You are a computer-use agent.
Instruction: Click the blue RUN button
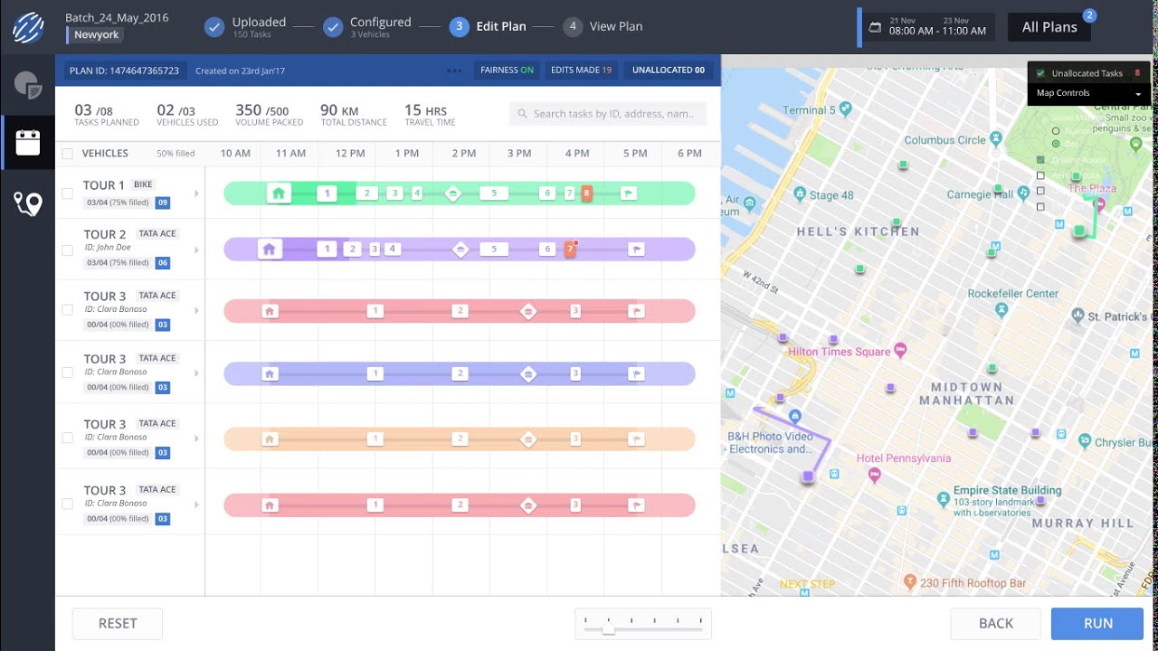point(1098,623)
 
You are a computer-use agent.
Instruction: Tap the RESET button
point(118,623)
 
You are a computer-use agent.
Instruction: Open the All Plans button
point(1049,27)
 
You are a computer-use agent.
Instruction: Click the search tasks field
point(608,114)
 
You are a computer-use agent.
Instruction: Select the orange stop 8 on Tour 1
point(587,193)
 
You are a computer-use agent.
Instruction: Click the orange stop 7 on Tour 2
point(570,250)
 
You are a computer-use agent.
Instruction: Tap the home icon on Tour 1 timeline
point(279,193)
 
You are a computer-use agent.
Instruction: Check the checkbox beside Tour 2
point(67,250)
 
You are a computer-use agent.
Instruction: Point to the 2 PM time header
point(463,154)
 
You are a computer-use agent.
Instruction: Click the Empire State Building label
point(1007,490)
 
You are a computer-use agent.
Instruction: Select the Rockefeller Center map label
point(1012,294)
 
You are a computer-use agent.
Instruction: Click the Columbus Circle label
point(944,140)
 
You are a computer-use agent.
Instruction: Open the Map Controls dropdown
point(1089,93)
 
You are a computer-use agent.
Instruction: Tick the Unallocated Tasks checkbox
point(1040,73)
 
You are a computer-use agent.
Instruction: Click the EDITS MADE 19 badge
point(581,70)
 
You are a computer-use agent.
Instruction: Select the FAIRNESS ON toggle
point(507,70)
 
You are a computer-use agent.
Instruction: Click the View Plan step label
point(616,26)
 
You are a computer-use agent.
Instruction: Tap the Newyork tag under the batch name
point(97,35)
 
